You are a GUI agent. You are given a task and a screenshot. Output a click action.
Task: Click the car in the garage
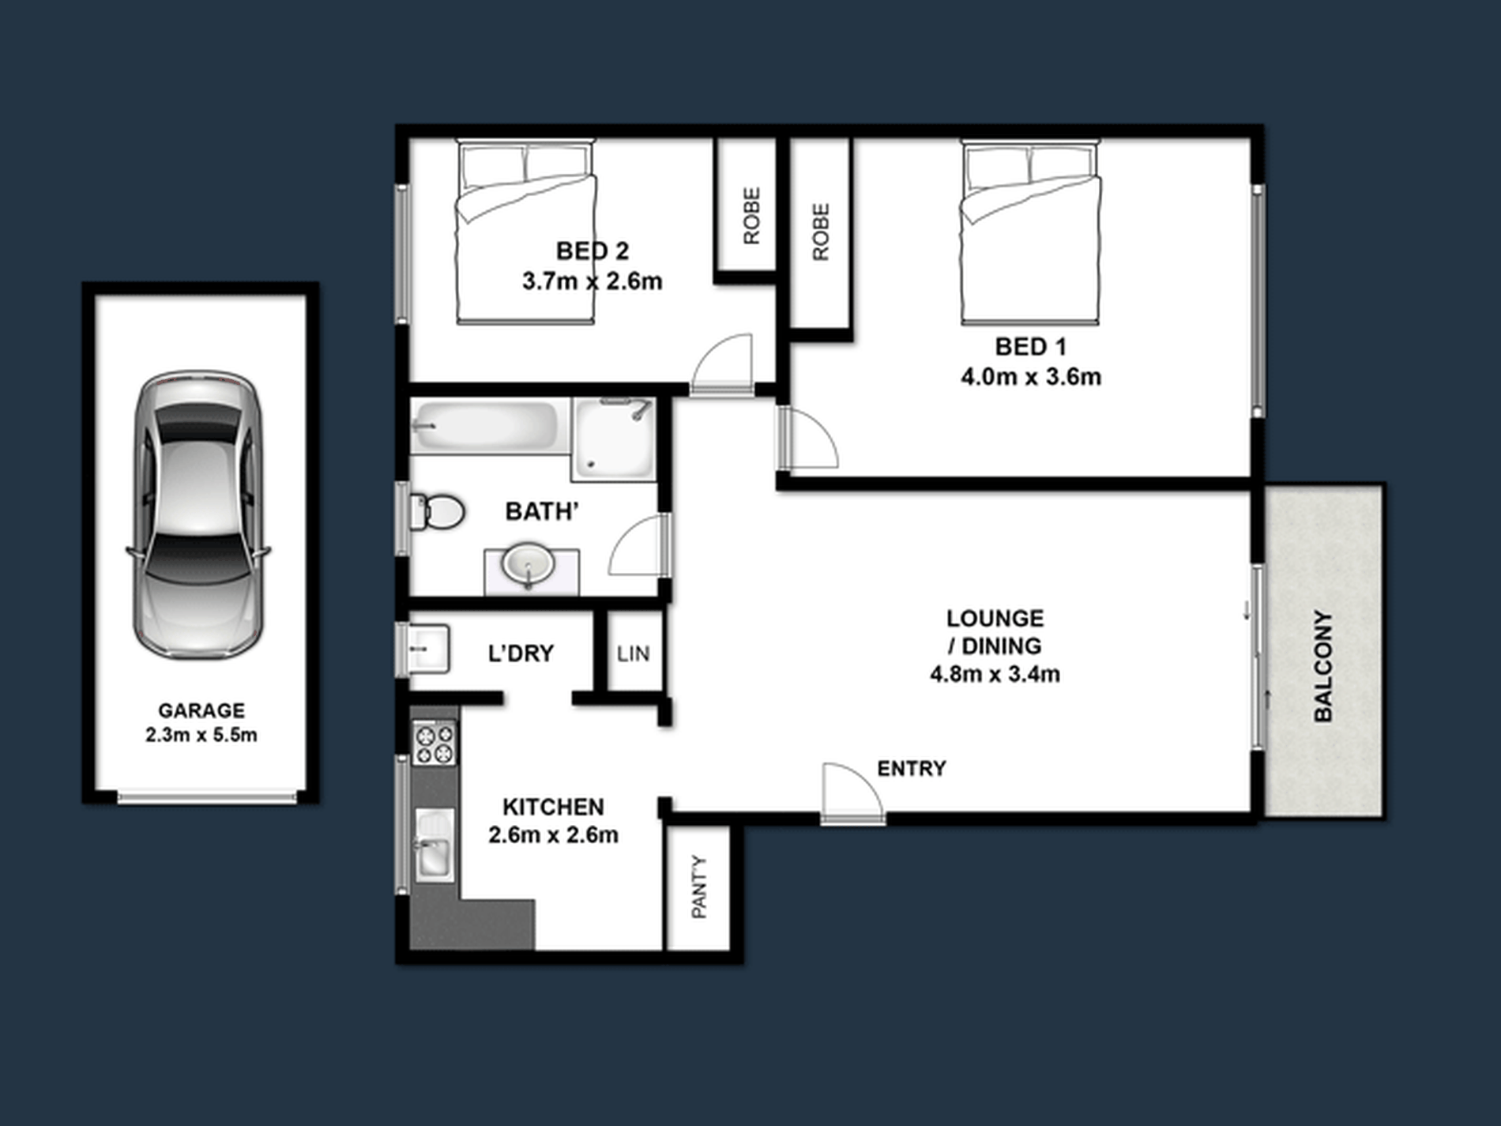[197, 514]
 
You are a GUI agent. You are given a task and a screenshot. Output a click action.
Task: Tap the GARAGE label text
[201, 710]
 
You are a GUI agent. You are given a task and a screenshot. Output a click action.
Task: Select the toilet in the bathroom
[437, 512]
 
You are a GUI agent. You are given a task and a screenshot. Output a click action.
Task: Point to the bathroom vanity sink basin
[529, 564]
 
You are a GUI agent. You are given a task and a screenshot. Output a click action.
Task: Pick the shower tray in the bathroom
[614, 439]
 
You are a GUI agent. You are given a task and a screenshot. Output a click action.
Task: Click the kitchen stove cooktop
[434, 744]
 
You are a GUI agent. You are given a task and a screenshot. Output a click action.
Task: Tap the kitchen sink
[434, 844]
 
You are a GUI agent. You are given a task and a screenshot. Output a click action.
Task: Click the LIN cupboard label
[633, 653]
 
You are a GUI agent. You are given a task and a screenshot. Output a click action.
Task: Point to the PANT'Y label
[699, 887]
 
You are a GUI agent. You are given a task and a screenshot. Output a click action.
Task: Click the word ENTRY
[912, 768]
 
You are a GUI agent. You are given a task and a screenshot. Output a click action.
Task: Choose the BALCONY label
[1323, 666]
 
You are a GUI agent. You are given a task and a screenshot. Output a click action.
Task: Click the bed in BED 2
[525, 232]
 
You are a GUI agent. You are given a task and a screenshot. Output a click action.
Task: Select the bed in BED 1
[1030, 232]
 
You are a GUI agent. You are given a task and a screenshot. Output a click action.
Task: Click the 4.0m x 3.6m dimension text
[1031, 377]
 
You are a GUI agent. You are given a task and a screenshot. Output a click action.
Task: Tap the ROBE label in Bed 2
[751, 216]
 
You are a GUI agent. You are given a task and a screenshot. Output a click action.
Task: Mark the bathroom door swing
[638, 545]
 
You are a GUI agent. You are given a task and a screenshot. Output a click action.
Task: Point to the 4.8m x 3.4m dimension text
[995, 675]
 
